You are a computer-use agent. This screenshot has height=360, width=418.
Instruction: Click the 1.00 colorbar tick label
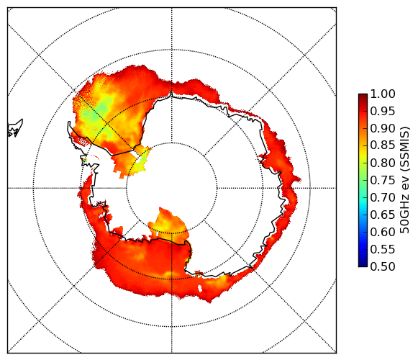[x=383, y=94]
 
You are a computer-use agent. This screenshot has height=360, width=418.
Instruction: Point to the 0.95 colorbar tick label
[x=383, y=112]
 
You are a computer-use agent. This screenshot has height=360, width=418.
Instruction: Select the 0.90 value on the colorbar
[x=383, y=128]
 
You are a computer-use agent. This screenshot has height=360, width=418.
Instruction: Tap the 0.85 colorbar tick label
[x=383, y=145]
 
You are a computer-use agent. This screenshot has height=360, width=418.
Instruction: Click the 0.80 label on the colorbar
[x=383, y=163]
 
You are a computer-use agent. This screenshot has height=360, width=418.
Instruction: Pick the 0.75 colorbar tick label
[x=383, y=180]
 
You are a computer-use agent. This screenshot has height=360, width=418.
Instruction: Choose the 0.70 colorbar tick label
[x=383, y=197]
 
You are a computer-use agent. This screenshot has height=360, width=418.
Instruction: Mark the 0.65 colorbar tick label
[x=383, y=215]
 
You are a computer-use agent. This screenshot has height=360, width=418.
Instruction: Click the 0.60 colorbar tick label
[x=383, y=232]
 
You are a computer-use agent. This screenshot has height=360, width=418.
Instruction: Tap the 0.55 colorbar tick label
[x=383, y=249]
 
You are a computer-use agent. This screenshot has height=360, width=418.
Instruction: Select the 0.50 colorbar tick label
[x=383, y=266]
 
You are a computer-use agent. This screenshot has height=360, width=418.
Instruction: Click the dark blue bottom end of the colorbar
[x=363, y=264]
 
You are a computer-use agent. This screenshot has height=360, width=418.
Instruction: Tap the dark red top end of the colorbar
[x=363, y=96]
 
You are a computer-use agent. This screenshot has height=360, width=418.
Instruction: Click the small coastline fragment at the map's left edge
[x=15, y=129]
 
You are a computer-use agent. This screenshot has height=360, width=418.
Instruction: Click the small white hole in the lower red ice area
[x=200, y=289]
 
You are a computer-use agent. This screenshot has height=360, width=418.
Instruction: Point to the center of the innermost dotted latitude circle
[x=172, y=188]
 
